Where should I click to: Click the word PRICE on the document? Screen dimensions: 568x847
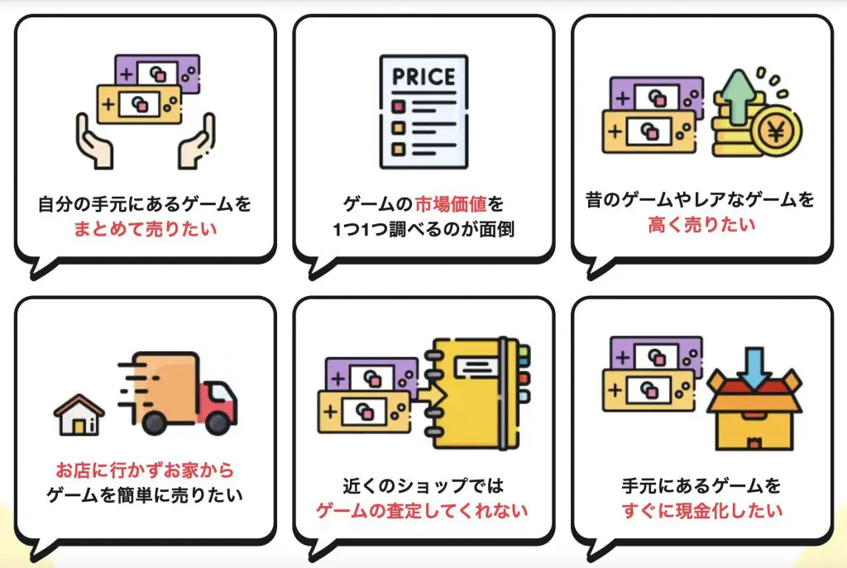pos(423,77)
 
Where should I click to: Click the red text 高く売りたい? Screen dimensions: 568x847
pos(701,224)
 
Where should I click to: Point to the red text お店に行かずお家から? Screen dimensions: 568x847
pos(145,470)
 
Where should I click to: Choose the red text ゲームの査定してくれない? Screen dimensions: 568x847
pos(423,510)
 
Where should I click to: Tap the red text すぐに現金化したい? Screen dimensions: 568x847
pos(701,510)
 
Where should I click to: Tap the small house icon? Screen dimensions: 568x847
pos(79,414)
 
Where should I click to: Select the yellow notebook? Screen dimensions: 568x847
pos(476,394)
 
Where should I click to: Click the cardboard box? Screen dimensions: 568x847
pos(754,413)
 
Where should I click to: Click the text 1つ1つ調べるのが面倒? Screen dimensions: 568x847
pos(423,229)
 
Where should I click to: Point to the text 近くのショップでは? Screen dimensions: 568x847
pos(423,484)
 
